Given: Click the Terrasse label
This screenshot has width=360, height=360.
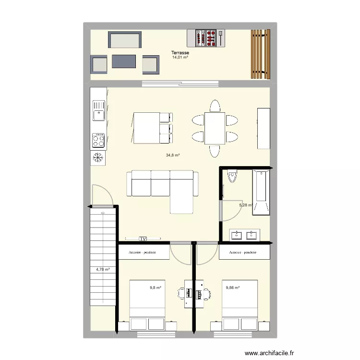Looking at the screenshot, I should click(180, 53).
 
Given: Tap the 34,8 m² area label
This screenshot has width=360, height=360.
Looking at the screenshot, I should click(173, 155).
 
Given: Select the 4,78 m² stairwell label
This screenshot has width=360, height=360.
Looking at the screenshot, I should click(103, 269).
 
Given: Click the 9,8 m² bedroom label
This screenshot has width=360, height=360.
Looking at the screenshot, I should click(155, 288).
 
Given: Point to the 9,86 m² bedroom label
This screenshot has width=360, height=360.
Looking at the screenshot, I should click(232, 288).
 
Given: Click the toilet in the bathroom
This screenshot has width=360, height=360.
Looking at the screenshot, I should click(233, 177).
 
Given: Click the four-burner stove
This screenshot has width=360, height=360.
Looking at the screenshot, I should click(98, 140).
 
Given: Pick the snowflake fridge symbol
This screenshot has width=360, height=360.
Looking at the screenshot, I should click(98, 157).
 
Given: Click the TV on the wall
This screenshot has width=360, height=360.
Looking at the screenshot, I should click(143, 238).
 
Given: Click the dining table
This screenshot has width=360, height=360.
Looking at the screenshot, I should click(215, 128).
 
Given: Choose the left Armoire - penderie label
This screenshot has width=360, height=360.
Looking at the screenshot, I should click(143, 252).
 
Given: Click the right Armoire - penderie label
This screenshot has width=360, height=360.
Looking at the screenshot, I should click(243, 252).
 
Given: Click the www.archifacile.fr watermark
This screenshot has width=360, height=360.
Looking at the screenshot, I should click(269, 353).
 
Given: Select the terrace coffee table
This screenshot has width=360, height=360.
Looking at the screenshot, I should click(124, 61).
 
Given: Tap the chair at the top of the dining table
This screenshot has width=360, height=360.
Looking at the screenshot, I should click(215, 106).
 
